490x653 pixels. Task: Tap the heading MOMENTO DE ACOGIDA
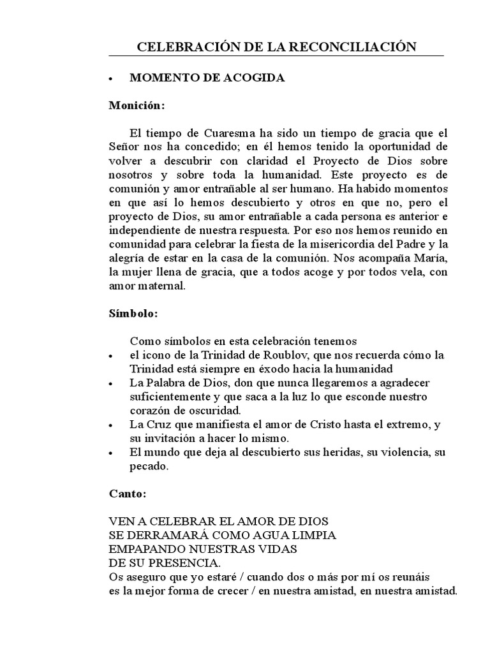(x=207, y=78)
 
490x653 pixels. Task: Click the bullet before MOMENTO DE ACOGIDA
(x=111, y=78)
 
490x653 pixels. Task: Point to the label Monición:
(x=137, y=105)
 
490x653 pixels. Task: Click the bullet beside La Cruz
(x=111, y=425)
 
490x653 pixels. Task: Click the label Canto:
(x=128, y=494)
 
